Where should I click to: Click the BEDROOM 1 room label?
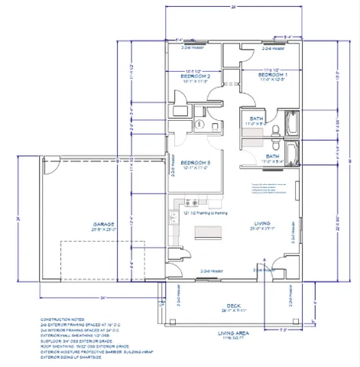(x=271, y=76)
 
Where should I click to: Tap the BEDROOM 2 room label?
(x=195, y=76)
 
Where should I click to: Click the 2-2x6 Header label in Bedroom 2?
(x=191, y=49)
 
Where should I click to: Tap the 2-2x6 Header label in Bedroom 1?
(x=273, y=49)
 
